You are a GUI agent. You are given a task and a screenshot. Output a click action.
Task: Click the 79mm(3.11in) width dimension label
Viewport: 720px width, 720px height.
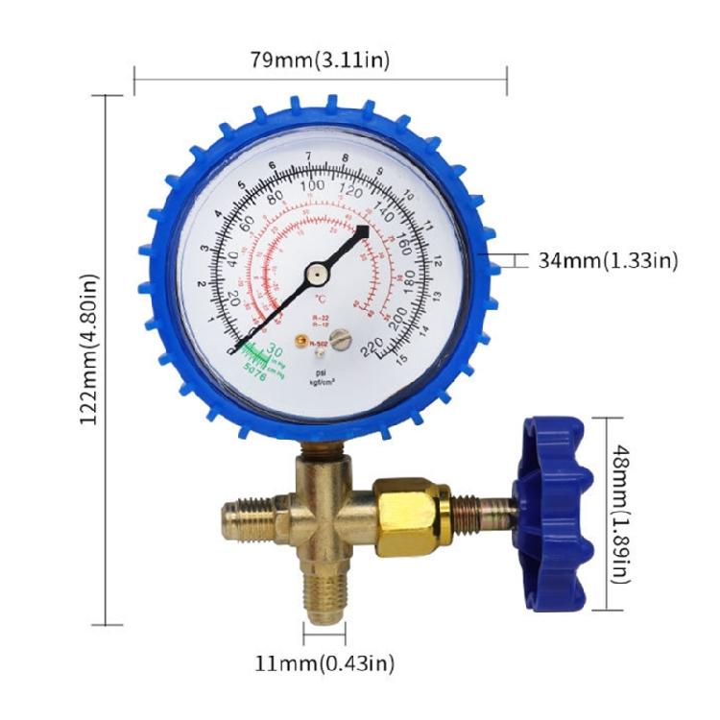(320, 60)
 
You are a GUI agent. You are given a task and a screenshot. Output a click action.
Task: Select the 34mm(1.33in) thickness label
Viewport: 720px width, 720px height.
(608, 260)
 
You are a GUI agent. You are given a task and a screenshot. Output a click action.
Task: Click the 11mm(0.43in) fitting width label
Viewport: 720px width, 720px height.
(324, 662)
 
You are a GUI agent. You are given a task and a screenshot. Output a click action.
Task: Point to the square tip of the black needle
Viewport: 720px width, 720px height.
(363, 231)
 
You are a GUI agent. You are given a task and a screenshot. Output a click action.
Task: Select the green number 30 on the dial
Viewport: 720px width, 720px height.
(273, 352)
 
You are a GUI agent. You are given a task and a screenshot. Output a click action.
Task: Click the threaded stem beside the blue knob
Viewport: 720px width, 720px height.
(485, 505)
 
